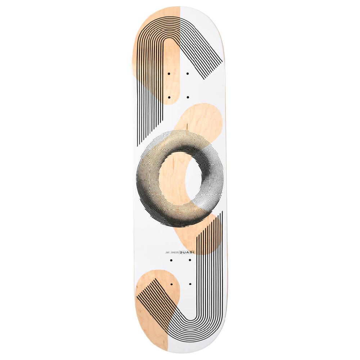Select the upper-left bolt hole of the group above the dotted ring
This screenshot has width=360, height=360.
(168, 73)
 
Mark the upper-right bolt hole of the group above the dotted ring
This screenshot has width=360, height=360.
(188, 73)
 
